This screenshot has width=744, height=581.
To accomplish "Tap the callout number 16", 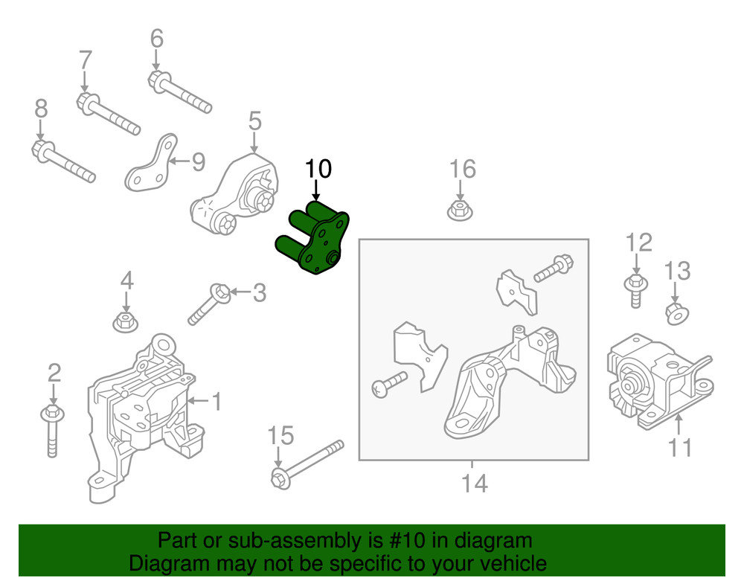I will click(x=462, y=169).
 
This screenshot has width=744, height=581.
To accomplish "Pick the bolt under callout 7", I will click(x=107, y=113).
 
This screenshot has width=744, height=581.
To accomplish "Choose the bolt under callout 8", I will click(x=62, y=161).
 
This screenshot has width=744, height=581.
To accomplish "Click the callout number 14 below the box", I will click(x=473, y=484).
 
